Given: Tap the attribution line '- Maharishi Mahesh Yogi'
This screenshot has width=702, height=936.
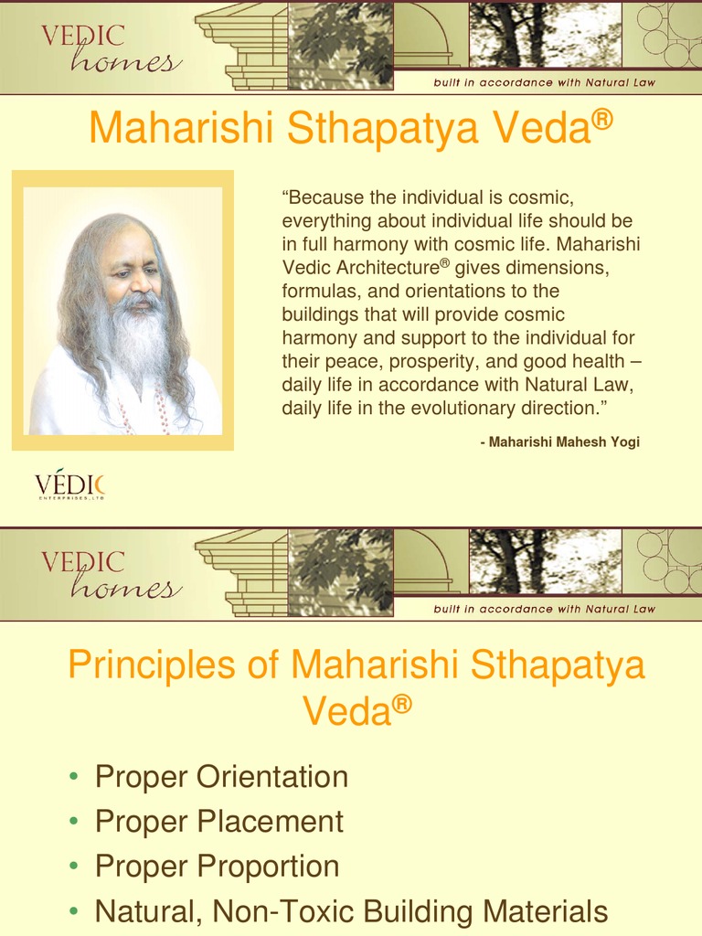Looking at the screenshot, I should click(x=559, y=441).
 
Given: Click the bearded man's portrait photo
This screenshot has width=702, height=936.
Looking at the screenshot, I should click(x=122, y=311).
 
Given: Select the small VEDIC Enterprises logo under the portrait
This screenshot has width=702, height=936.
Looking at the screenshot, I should click(x=69, y=486).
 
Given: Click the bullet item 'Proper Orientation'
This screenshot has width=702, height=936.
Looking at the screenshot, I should click(x=221, y=777).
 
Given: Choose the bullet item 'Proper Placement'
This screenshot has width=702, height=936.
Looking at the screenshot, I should click(x=219, y=821).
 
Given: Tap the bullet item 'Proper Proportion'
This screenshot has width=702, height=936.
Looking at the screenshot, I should click(x=218, y=866).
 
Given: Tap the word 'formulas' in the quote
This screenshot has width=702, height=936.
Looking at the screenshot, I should click(x=317, y=291).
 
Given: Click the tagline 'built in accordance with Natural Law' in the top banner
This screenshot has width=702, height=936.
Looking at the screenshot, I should click(x=544, y=82).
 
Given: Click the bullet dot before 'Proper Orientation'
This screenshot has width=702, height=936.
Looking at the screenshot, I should click(x=74, y=779).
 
